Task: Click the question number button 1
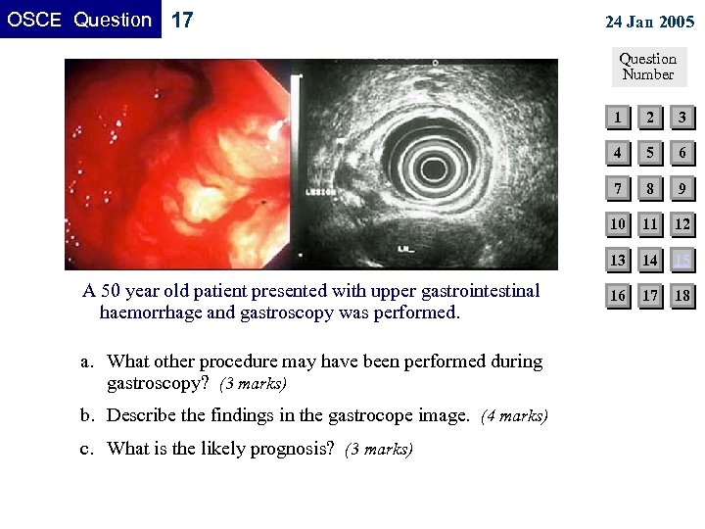pos(617,119)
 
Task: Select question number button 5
pos(649,153)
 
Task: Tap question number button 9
pos(682,188)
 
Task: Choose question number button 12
pos(682,224)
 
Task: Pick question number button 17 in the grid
pos(649,295)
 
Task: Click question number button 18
pos(682,295)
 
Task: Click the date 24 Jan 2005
pos(649,23)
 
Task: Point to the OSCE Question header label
pos(80,20)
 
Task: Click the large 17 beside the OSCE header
pos(182,21)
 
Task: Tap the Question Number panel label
pos(648,67)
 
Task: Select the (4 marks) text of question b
pos(515,416)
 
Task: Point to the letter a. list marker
pos(87,361)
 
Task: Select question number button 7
pos(617,188)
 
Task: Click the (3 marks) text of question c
pos(379,450)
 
